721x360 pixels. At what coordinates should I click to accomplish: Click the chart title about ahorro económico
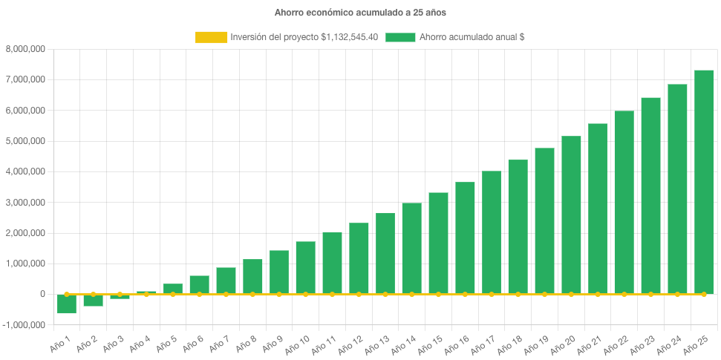360,13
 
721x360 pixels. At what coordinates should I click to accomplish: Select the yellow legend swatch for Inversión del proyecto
211,37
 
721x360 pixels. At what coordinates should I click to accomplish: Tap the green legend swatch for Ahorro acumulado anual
400,37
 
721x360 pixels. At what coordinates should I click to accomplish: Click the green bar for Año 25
703,182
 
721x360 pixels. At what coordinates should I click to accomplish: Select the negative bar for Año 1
67,304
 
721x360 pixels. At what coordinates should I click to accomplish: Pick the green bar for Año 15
438,243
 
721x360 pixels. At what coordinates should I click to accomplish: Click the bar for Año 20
571,215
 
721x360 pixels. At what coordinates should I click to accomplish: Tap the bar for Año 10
305,267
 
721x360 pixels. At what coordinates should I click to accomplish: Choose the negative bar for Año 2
93,300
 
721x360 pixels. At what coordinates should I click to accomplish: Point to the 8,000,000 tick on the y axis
26,49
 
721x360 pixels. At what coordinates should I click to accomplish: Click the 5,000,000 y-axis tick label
26,141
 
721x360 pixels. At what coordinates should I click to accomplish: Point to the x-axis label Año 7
218,342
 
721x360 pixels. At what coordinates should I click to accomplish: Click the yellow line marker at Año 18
518,294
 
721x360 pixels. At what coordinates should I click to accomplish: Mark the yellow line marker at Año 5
173,294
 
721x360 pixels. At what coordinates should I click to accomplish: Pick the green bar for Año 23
650,196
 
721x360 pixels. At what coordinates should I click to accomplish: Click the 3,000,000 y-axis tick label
26,202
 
